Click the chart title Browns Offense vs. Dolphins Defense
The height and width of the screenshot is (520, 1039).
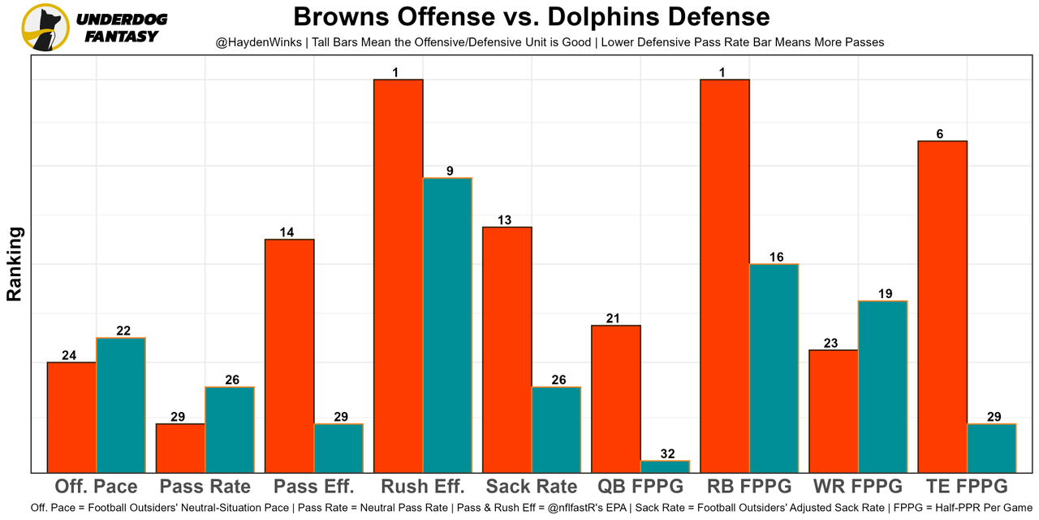coord(531,16)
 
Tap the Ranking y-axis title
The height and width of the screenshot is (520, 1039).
coord(15,264)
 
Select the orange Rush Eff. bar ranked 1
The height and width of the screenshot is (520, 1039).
coord(398,276)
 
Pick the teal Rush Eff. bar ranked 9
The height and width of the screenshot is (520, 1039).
coord(447,325)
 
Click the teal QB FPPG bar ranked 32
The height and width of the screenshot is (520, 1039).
coord(665,466)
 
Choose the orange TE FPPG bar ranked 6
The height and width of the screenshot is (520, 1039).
coord(942,307)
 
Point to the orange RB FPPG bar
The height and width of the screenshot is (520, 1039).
coord(724,276)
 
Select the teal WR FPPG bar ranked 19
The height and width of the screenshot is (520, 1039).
coord(882,387)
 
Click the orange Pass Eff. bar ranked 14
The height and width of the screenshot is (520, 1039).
coord(289,356)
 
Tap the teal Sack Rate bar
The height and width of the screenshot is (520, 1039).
coord(556,430)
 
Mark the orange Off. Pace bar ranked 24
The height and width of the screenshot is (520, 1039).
coord(71,418)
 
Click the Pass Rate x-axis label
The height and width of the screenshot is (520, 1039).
coord(205,487)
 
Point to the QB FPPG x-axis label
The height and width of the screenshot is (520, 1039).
coord(640,487)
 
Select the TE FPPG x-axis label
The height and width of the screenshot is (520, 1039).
coord(967,487)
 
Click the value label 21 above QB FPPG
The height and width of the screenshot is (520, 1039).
coord(613,318)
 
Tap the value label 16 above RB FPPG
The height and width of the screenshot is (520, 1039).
coord(777,257)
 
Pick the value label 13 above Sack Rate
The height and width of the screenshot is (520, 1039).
coord(504,219)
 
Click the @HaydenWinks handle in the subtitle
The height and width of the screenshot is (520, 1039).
coord(258,41)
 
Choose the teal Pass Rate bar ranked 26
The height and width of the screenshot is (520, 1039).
coord(230,430)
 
